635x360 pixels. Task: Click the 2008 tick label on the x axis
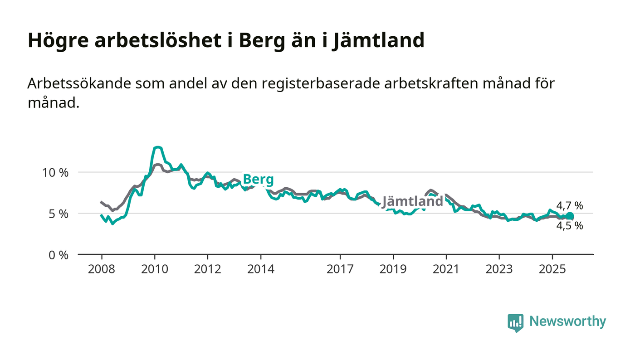(101, 269)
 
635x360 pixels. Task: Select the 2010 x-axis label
(154, 269)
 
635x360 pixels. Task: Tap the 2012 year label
(207, 269)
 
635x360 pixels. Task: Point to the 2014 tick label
(260, 269)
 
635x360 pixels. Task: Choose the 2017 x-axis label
(340, 269)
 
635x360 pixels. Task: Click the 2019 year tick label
(393, 269)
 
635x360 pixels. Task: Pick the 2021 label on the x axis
(446, 269)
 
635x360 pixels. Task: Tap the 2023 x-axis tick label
(499, 269)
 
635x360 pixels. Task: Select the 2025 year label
(552, 269)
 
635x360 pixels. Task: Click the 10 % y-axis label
(56, 173)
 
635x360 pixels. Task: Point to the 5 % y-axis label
(59, 214)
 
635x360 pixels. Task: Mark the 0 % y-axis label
(59, 255)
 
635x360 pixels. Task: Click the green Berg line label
(258, 180)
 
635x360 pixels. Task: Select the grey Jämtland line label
(412, 201)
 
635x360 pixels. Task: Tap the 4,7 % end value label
(570, 206)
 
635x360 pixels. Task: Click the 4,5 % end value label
(570, 226)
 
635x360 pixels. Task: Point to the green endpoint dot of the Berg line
(570, 216)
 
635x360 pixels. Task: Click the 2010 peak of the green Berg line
(157, 147)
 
